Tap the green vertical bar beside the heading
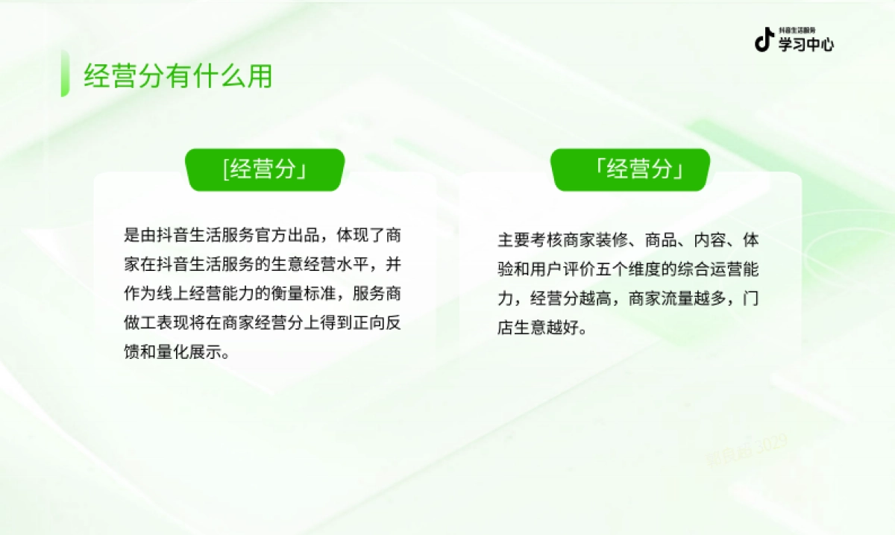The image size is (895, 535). (x=65, y=73)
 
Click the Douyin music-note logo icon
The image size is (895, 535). (x=764, y=40)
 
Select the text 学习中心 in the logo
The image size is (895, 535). (x=806, y=44)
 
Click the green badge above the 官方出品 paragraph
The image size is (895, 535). (x=265, y=170)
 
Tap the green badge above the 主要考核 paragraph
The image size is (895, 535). (x=630, y=170)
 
